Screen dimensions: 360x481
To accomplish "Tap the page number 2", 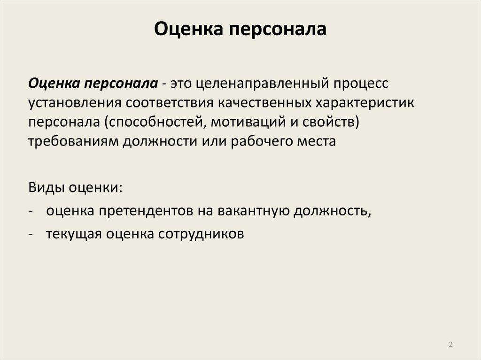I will (451, 345).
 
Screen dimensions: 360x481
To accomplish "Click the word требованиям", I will (73, 142).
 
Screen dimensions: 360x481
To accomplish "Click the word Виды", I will (45, 189).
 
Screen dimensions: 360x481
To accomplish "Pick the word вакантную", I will (252, 210).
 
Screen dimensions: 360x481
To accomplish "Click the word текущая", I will (73, 234).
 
